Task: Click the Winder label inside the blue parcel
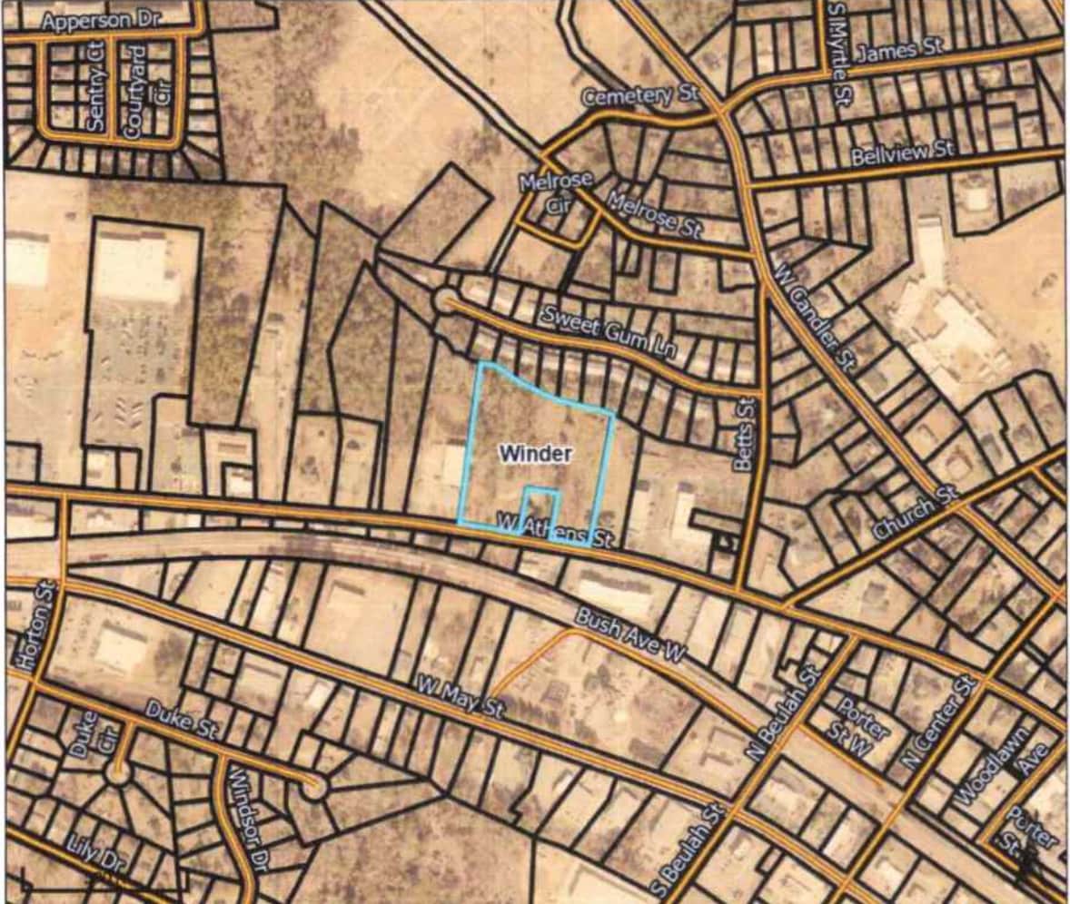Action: tap(535, 453)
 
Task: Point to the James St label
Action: tap(899, 51)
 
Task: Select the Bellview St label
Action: tap(903, 152)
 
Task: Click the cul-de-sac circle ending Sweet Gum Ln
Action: tap(446, 300)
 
